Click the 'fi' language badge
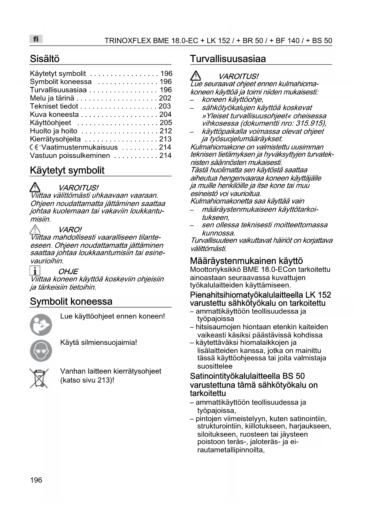click(x=36, y=39)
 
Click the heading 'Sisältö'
click(x=45, y=59)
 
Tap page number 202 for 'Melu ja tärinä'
click(x=165, y=98)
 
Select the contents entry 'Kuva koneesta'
click(x=54, y=115)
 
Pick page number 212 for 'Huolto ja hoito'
click(x=166, y=131)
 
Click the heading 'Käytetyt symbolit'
click(x=67, y=170)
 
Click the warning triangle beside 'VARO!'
click(x=35, y=229)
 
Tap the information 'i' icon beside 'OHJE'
click(x=35, y=271)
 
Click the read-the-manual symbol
click(x=41, y=325)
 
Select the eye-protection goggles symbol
click(x=41, y=351)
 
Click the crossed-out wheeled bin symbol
click(x=39, y=378)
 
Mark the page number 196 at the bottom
click(x=36, y=480)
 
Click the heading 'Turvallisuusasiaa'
click(x=228, y=59)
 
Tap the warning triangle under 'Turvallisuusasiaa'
click(x=195, y=76)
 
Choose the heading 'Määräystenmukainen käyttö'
click(x=246, y=261)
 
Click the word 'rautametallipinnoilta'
click(x=230, y=450)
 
